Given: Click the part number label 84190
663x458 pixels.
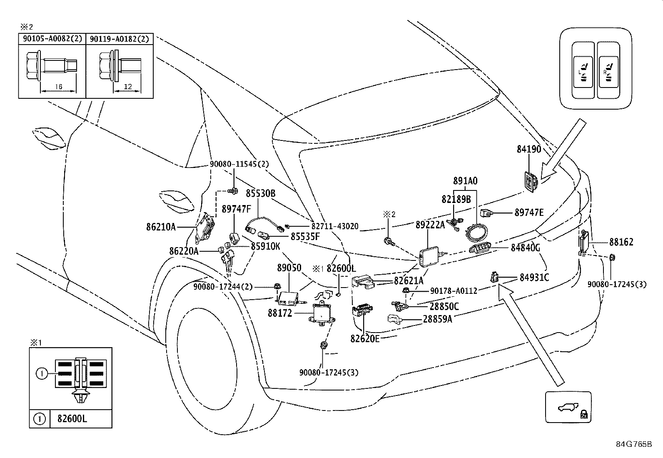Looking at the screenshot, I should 529,149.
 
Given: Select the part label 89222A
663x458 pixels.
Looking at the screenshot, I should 430,225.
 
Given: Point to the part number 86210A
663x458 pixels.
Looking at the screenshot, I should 161,227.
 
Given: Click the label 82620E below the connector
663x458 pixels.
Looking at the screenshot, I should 365,339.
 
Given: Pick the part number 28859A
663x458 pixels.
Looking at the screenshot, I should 437,319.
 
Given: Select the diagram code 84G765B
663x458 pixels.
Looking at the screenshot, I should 633,443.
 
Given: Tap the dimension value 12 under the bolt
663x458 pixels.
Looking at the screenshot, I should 127,86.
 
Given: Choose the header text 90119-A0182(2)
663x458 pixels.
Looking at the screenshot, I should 120,39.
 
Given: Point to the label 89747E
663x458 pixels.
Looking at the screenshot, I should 529,213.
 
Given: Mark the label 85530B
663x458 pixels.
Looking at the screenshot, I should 260,193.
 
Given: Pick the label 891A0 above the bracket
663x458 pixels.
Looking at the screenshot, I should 465,181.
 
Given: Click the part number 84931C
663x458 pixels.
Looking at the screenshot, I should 534,277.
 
